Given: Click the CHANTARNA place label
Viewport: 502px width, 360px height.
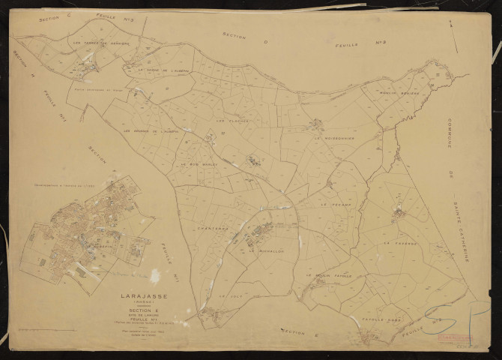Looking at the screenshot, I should [x=203, y=226].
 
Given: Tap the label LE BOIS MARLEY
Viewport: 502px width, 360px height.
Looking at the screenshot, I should [x=198, y=163].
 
